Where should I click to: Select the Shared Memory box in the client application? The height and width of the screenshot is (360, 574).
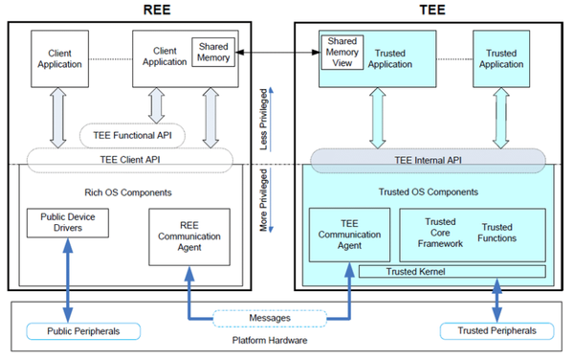point(212,54)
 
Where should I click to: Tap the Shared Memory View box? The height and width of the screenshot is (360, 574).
point(342,54)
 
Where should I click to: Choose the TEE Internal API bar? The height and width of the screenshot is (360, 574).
point(429,160)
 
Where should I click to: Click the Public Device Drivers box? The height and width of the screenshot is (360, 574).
point(68,223)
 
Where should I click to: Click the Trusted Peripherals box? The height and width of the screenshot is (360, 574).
point(497,331)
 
